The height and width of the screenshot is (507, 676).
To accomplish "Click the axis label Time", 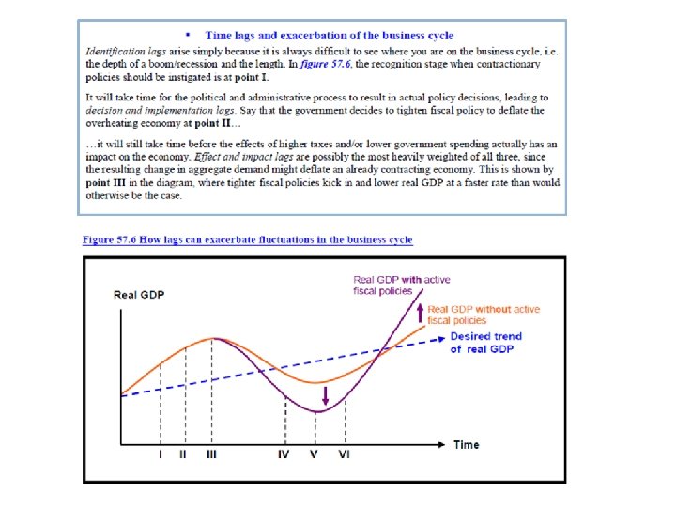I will (x=467, y=444).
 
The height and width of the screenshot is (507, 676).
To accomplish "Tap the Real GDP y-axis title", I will (x=139, y=295).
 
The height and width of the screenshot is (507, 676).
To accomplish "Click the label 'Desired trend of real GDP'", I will (x=485, y=343).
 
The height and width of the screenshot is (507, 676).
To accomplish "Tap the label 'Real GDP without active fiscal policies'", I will (x=484, y=315).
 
